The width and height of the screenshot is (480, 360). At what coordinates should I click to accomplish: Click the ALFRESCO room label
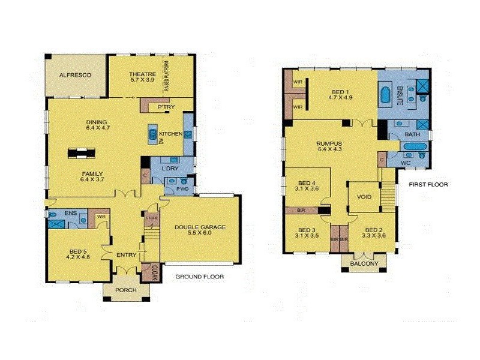pos(75,75)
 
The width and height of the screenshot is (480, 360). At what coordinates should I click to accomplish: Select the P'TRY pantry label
pos(166,107)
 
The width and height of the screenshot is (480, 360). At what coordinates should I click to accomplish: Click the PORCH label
pos(125,290)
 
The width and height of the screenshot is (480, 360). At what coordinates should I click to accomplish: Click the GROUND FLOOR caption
pos(199,277)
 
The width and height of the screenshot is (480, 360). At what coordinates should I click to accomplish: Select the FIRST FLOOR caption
pos(428,184)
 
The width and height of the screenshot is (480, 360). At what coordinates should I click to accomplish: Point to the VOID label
pos(364,197)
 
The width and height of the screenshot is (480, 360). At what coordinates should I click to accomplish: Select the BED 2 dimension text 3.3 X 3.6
pos(373,236)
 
